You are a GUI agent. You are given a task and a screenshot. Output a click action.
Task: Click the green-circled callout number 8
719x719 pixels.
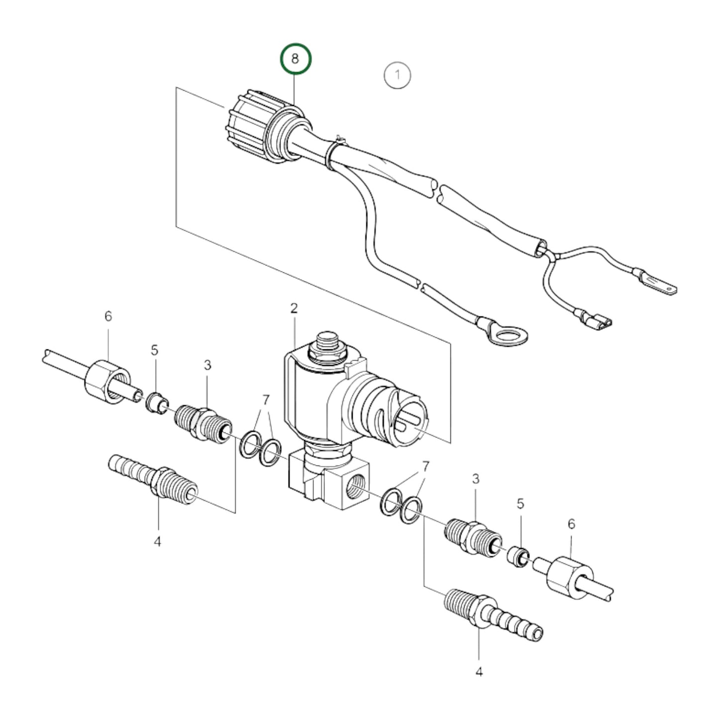click(295, 59)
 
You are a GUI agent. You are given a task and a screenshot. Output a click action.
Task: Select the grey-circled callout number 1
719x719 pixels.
click(397, 76)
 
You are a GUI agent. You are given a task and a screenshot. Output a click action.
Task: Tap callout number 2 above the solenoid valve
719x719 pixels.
click(294, 308)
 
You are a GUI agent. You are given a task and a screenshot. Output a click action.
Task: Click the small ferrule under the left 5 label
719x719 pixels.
click(156, 403)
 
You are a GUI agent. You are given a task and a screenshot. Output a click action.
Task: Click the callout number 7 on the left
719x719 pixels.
click(266, 400)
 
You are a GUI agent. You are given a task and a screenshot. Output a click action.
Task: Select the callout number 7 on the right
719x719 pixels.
click(425, 466)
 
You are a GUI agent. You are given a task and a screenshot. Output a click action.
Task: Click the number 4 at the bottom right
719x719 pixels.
click(479, 672)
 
